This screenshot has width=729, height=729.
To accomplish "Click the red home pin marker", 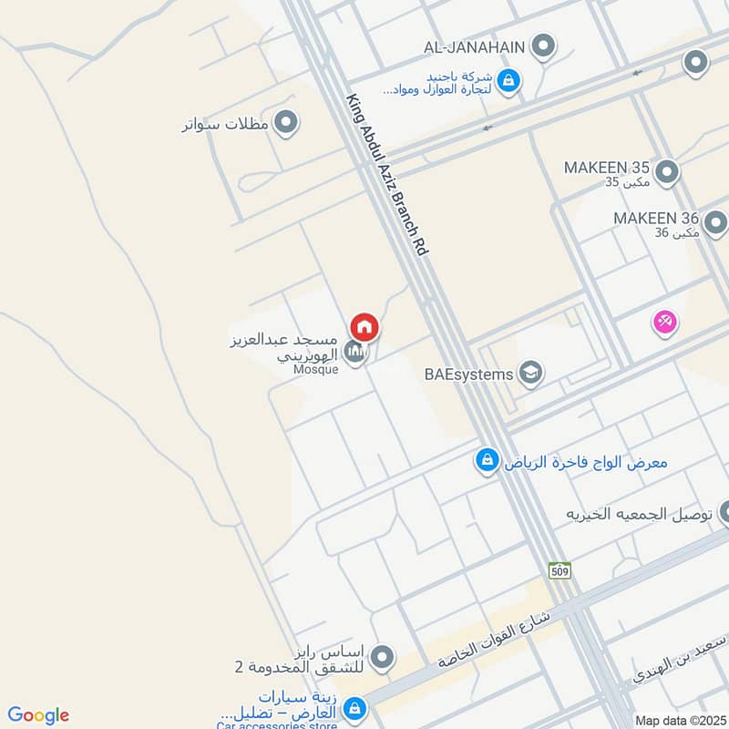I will click(364, 326).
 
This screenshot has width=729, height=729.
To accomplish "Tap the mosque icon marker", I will click(356, 352).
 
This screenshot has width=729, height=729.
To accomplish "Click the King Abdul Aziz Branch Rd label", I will click(386, 173).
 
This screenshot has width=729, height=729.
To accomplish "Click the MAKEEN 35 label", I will click(606, 169).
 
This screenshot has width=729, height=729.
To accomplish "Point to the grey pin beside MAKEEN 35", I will click(667, 170).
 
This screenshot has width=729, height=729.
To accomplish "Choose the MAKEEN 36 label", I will click(655, 219).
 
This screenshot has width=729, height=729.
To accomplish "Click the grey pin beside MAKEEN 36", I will click(715, 221).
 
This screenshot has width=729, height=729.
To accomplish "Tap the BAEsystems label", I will click(468, 374).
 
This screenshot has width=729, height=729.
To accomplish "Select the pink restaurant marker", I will click(664, 322).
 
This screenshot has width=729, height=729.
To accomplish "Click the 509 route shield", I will click(560, 570).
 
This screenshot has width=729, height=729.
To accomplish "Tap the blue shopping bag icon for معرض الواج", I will click(488, 461).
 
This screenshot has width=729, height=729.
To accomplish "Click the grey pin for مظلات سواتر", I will click(287, 123).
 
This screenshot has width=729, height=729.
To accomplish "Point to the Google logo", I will click(38, 715).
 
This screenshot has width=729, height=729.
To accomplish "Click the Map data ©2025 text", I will click(679, 720).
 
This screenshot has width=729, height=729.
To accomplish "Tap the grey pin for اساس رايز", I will click(383, 656).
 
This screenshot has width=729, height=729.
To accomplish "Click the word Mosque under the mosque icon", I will click(317, 369).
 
